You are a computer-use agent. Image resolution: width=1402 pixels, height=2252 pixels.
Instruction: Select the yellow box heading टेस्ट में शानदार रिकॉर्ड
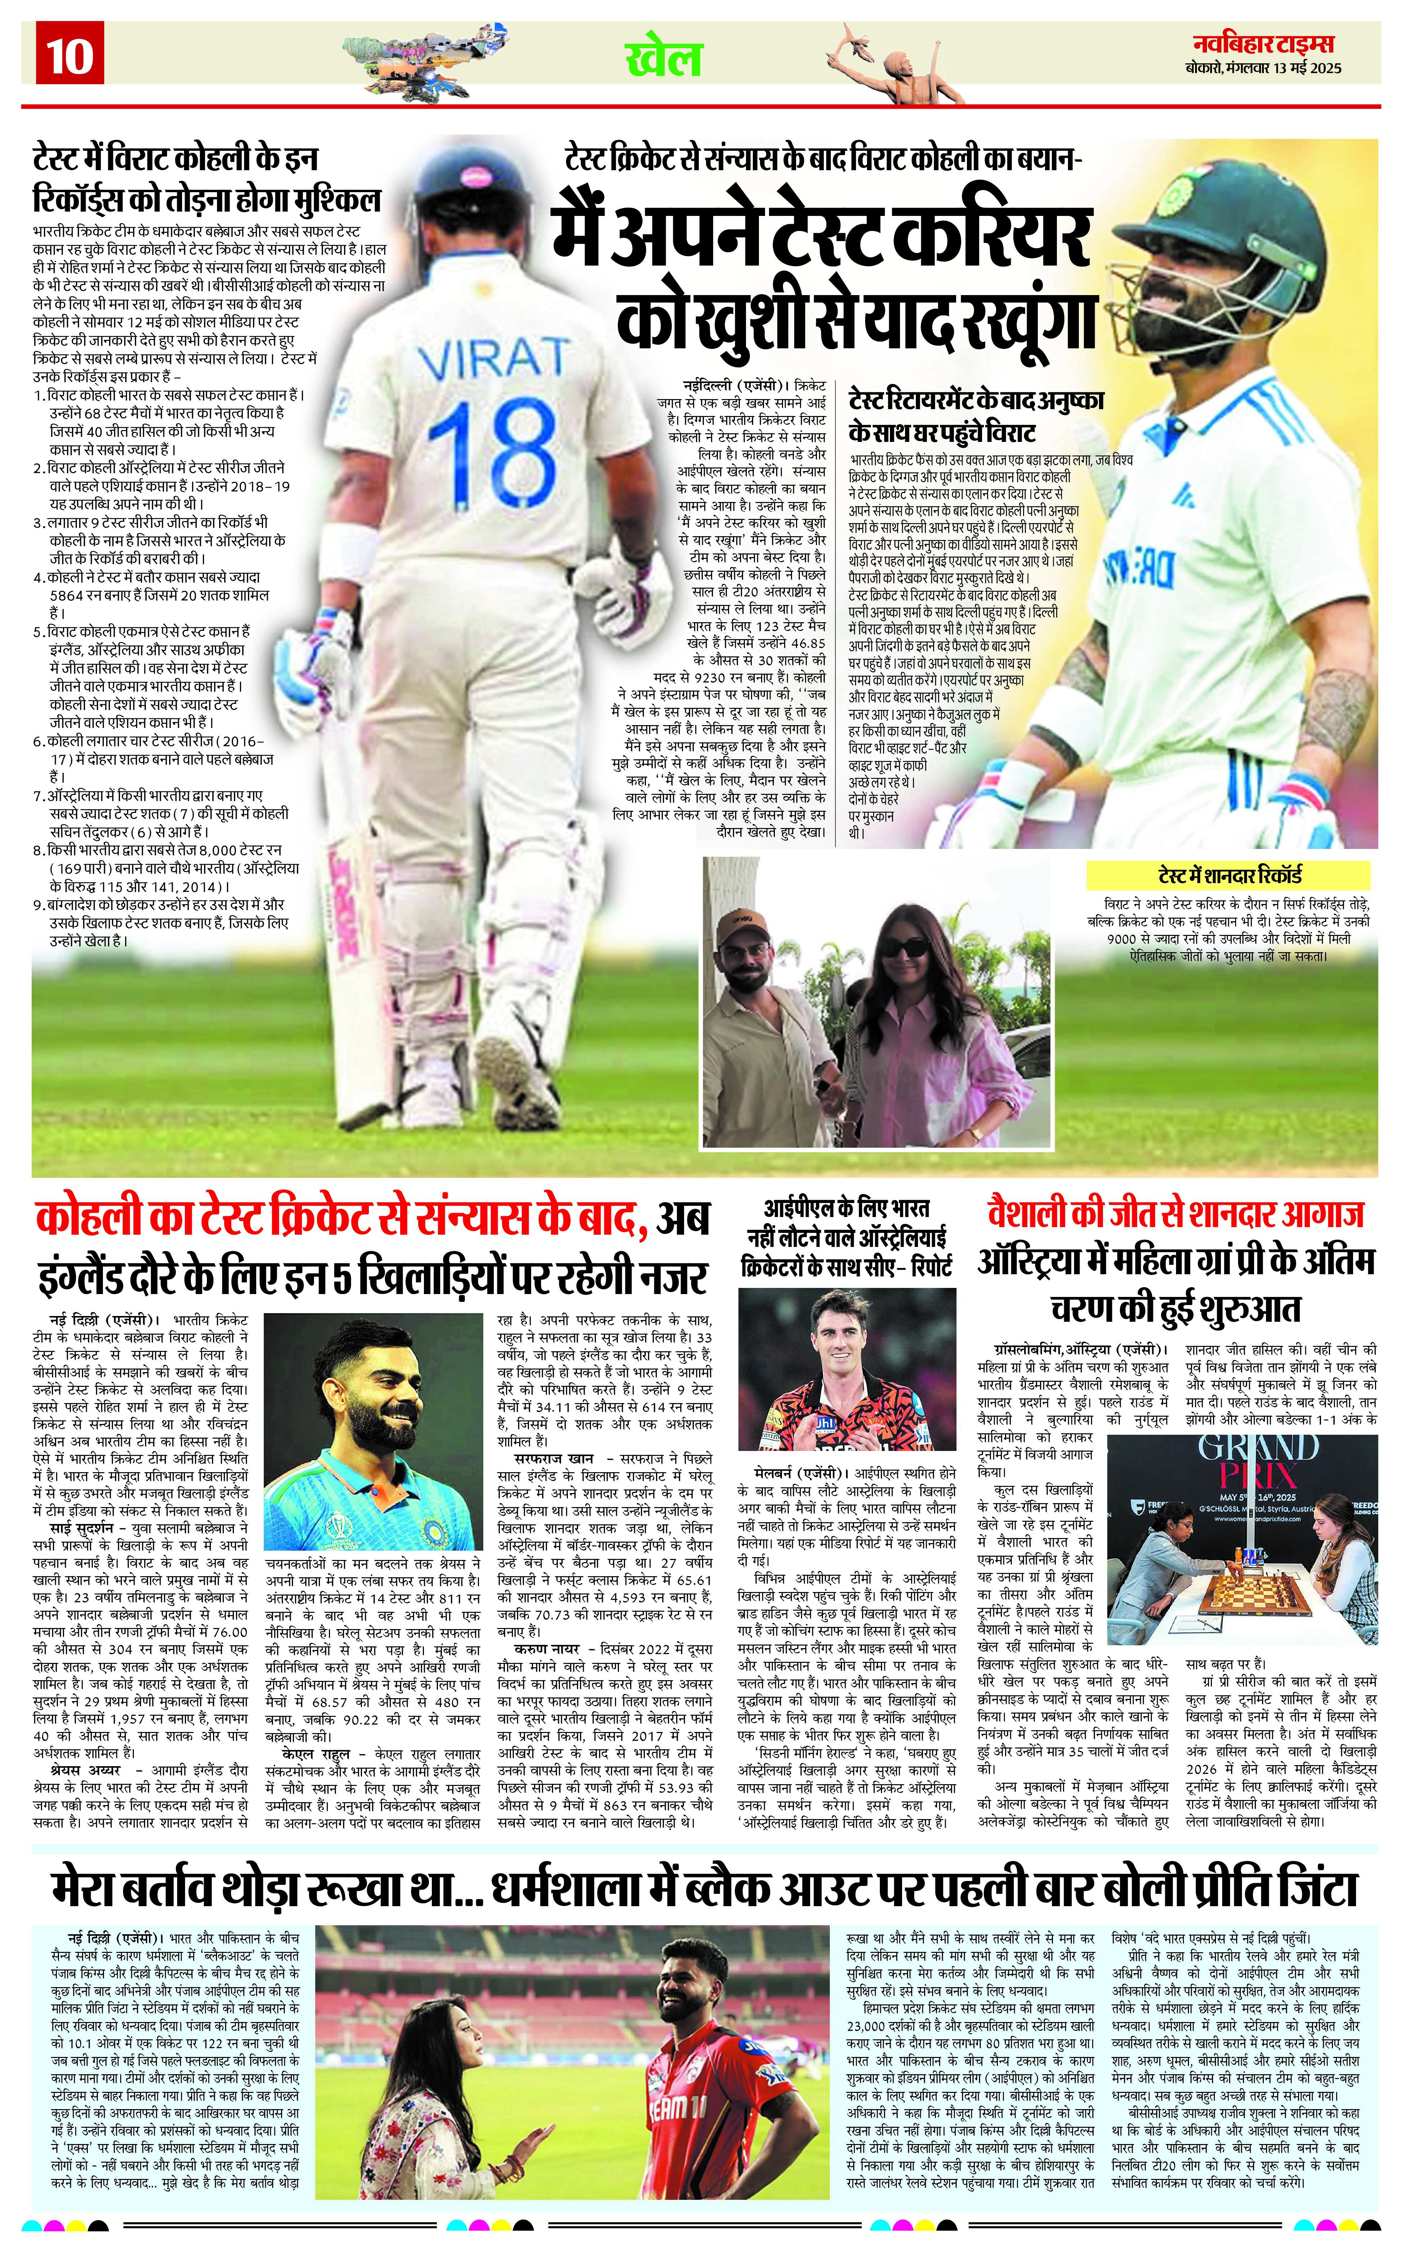click(1229, 874)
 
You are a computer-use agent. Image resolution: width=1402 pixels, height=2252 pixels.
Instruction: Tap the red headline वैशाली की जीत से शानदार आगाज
click(1176, 1215)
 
